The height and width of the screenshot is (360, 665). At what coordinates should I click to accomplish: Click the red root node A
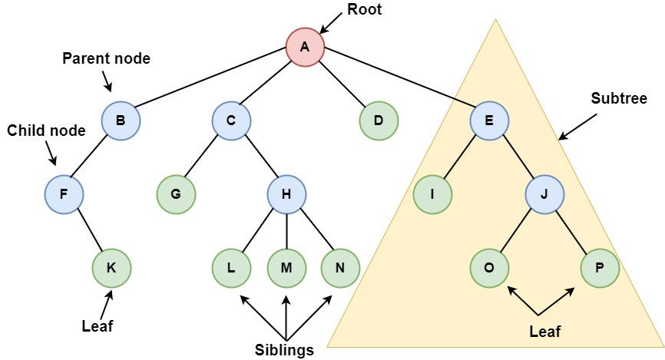[x=305, y=47]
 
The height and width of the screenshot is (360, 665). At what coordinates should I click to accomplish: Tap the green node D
[x=379, y=121]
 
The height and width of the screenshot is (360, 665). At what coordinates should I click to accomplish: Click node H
[x=286, y=194]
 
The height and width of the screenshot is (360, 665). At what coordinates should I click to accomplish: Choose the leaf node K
[x=111, y=268]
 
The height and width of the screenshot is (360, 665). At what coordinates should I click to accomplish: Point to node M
[x=286, y=268]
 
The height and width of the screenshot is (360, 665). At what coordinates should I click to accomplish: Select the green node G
[x=177, y=194]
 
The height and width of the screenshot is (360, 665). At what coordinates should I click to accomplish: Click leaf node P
[x=600, y=268]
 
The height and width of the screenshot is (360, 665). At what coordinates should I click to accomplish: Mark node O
[x=490, y=268]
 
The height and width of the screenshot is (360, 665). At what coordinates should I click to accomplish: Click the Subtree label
[x=619, y=99]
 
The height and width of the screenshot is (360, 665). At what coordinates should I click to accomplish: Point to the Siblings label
[x=285, y=350]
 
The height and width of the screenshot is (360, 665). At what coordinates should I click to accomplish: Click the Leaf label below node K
[x=98, y=325]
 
